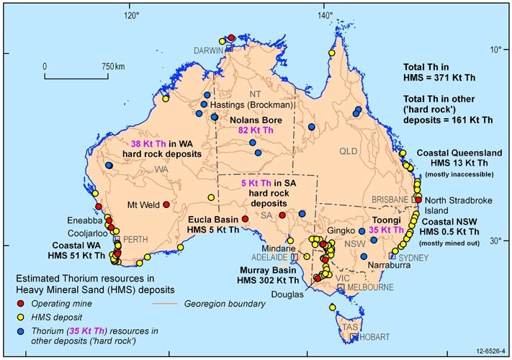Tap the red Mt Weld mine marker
pos(166,204)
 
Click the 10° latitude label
pos(495,50)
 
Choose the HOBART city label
pos(367,336)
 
